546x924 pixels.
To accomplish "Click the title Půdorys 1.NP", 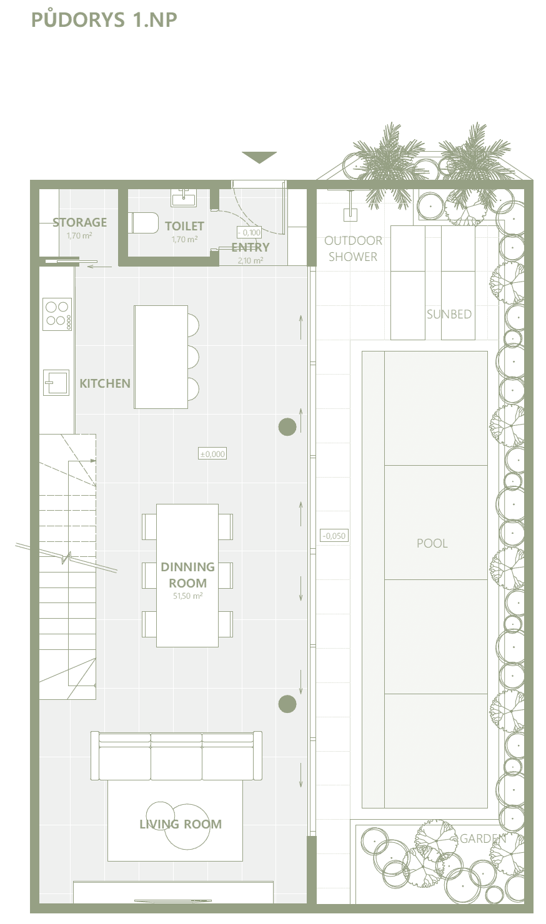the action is [104, 19].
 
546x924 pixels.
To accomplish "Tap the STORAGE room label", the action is [79, 222].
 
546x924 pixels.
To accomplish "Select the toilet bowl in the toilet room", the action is [144, 223].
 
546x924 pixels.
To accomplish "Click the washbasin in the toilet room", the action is [184, 198].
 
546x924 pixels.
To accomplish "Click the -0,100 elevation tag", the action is [249, 232].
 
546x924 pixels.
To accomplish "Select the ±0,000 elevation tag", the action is [212, 454].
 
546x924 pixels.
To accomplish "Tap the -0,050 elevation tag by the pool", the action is [334, 536].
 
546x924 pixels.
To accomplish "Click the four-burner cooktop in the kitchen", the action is [57, 314].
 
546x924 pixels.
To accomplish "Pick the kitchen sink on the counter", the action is [56, 382].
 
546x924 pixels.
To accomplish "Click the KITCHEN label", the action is [105, 383].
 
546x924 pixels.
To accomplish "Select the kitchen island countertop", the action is [161, 357].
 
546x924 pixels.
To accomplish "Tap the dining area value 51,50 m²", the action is [188, 596].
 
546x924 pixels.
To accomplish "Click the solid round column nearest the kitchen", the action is [287, 427].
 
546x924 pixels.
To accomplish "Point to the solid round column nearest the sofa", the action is [287, 704].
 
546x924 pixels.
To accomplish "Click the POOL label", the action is [432, 543].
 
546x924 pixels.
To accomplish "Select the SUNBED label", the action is [449, 314].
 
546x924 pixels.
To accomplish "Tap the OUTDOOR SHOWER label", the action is [353, 248].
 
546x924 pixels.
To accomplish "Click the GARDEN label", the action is [483, 838].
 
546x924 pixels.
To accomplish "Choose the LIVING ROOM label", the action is [181, 824].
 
